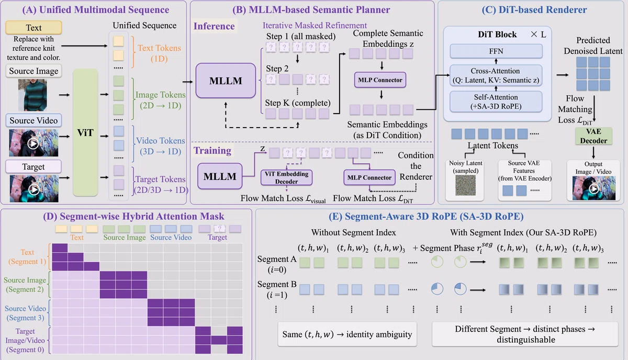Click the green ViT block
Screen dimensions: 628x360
(x=85, y=132)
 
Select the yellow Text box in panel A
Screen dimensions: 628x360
(x=33, y=28)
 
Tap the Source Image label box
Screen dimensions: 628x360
(x=33, y=71)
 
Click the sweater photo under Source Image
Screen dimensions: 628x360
(x=33, y=95)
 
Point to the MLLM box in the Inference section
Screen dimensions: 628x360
(x=226, y=81)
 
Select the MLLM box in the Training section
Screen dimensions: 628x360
(x=220, y=176)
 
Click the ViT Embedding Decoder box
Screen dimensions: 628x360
(x=287, y=177)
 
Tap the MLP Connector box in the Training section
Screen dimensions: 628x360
(x=369, y=177)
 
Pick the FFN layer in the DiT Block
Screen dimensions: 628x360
(x=496, y=51)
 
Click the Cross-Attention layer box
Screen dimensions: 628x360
(x=496, y=75)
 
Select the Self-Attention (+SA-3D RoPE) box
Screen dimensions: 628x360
(x=496, y=102)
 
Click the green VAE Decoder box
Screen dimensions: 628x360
(x=593, y=136)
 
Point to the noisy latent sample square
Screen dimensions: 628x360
(x=465, y=185)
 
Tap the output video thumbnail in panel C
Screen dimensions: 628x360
(x=594, y=188)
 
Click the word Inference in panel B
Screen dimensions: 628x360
(x=214, y=26)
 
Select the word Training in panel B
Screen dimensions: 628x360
(x=212, y=151)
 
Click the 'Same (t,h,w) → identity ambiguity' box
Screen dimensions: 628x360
(x=347, y=334)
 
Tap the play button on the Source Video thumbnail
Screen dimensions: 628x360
(x=33, y=144)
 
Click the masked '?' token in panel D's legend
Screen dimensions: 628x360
(x=219, y=229)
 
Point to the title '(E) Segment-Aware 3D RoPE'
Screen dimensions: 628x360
(x=426, y=217)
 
